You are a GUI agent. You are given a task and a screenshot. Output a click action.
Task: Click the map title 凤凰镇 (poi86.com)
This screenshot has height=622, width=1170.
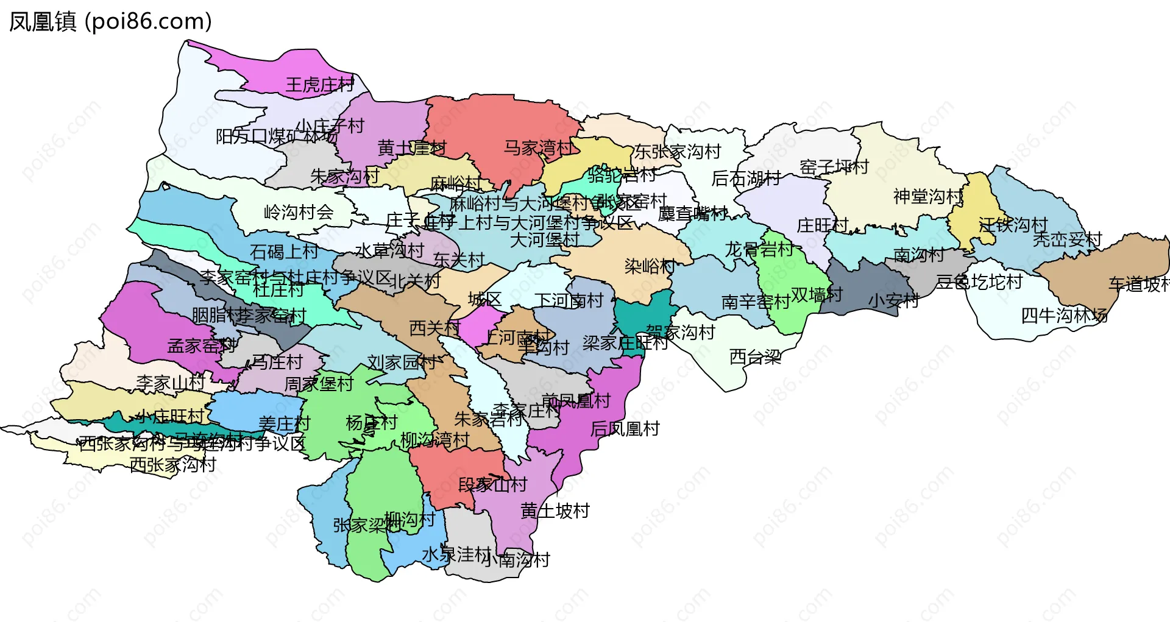(x=110, y=21)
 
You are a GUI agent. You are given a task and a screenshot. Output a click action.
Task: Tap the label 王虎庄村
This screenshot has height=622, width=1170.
(x=319, y=85)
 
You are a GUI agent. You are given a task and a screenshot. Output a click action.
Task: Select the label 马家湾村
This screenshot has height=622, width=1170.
(x=538, y=147)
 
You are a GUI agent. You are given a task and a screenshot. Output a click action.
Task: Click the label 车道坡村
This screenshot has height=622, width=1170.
(x=1138, y=284)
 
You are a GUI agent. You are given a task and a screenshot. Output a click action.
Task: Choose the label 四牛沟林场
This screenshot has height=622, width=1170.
(x=1064, y=316)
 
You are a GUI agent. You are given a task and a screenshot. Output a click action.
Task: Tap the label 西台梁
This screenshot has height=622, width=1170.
(x=755, y=357)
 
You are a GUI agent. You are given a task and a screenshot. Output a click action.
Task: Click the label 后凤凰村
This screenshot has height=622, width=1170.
(x=625, y=429)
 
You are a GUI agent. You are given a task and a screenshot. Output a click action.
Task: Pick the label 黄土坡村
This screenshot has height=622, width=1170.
(x=555, y=511)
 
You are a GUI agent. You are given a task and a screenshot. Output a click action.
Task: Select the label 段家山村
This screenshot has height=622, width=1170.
(x=492, y=485)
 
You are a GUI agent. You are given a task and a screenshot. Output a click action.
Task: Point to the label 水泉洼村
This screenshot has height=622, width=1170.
(x=456, y=554)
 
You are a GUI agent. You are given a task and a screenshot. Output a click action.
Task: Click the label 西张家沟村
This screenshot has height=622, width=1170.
(x=172, y=465)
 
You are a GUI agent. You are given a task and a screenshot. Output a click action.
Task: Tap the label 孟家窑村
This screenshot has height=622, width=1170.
(x=202, y=346)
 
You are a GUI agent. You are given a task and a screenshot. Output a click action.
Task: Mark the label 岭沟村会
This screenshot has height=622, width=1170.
(x=298, y=212)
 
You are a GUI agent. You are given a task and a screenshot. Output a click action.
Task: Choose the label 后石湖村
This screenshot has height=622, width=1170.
(x=746, y=178)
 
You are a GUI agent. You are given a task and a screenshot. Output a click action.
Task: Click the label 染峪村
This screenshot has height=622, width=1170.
(x=650, y=266)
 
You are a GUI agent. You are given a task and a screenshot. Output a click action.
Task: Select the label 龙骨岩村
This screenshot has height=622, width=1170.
(x=759, y=249)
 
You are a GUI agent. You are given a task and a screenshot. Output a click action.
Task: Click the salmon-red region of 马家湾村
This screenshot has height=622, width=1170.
(x=487, y=122)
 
